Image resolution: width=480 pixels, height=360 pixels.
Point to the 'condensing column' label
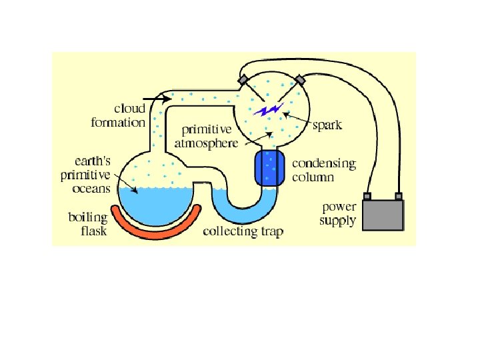pos(323,170)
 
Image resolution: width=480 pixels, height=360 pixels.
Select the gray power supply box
pos(383,214)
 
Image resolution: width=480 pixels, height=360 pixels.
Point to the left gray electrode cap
pos(243,80)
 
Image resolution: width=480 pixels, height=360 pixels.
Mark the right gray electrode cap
pos(300,80)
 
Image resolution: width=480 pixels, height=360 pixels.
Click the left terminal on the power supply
pos(367,196)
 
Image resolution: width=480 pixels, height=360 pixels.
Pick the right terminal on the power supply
pos(399,196)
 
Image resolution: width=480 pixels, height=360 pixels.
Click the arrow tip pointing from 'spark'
pos(285,114)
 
